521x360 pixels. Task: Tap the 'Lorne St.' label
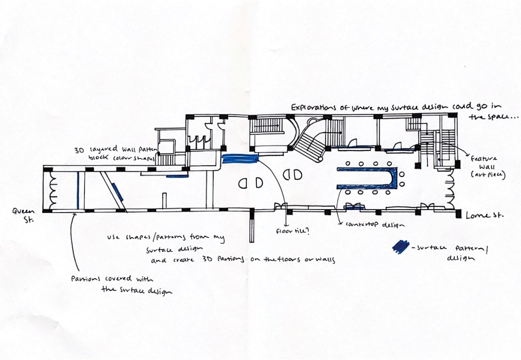484,216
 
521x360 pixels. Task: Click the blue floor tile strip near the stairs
241,158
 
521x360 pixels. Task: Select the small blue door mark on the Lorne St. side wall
355,207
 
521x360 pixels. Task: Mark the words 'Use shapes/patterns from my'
165,238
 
